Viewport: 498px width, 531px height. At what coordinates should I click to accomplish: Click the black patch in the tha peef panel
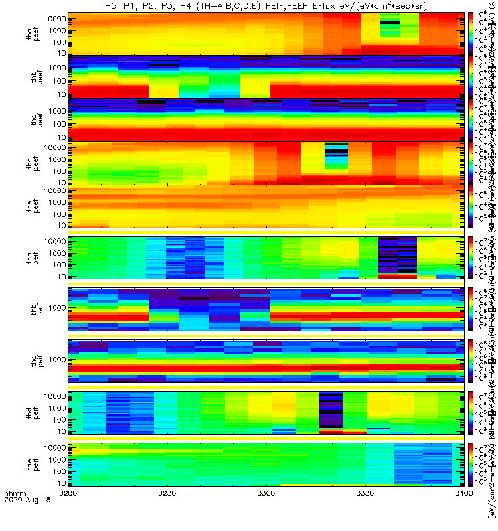pos(390,23)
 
